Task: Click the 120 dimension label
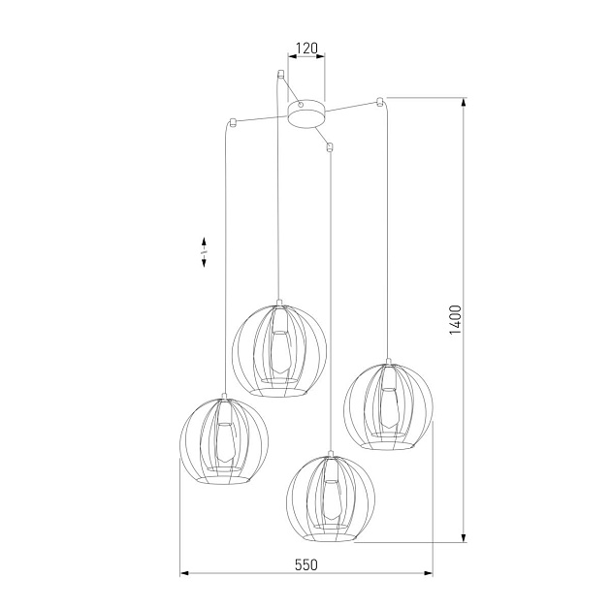pyautogui.click(x=307, y=47)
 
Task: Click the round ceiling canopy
pyautogui.click(x=307, y=112)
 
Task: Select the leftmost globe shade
pyautogui.click(x=224, y=440)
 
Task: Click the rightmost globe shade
pyautogui.click(x=389, y=405)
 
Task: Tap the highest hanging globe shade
pyautogui.click(x=279, y=348)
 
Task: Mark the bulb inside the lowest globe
pyautogui.click(x=331, y=500)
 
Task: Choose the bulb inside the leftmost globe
pyautogui.click(x=224, y=444)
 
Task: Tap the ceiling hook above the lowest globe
pyautogui.click(x=331, y=147)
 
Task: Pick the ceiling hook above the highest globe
pyautogui.click(x=279, y=74)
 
